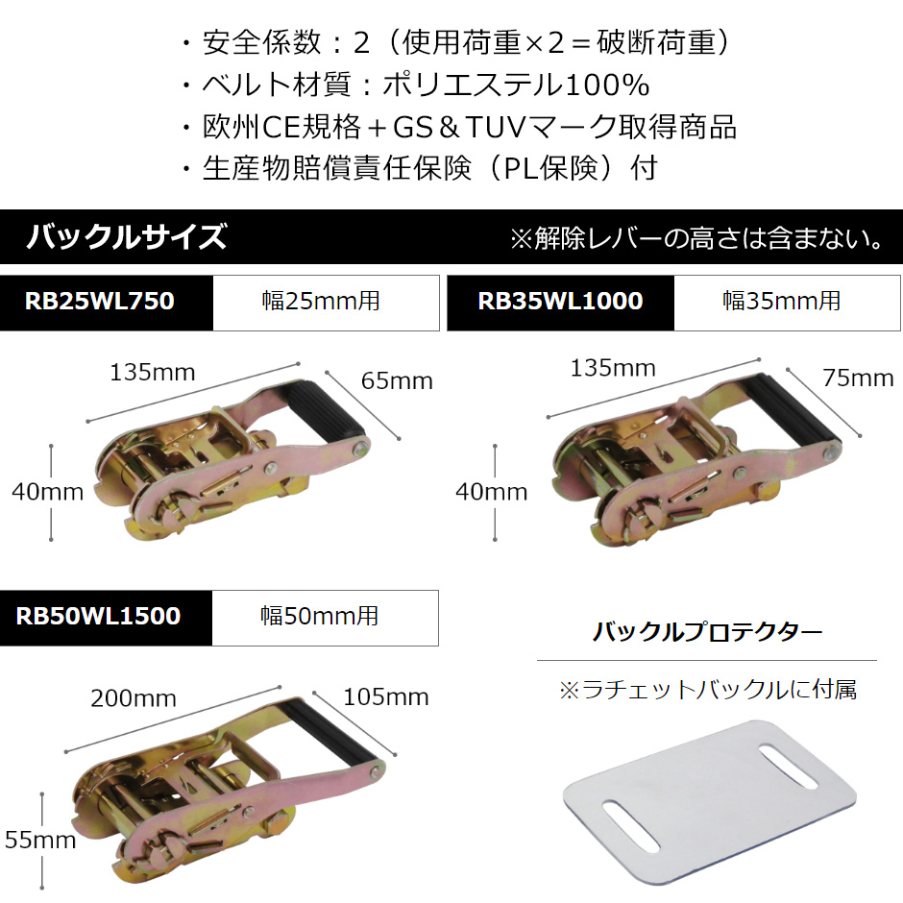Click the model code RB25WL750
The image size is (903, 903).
pyautogui.click(x=100, y=302)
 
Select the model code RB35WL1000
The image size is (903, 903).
pyautogui.click(x=560, y=302)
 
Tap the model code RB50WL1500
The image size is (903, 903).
pyautogui.click(x=99, y=616)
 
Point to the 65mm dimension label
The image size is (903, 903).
pyautogui.click(x=397, y=381)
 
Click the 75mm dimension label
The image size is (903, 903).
pyautogui.click(x=858, y=378)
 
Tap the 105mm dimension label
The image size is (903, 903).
pyautogui.click(x=386, y=697)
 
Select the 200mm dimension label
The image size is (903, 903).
pyautogui.click(x=134, y=698)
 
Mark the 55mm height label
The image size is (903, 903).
pyautogui.click(x=40, y=841)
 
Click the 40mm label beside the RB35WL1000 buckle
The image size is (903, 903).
pyautogui.click(x=491, y=493)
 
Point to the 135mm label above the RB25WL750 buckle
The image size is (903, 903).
pyautogui.click(x=153, y=373)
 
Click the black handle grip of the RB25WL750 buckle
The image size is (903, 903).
pyautogui.click(x=323, y=410)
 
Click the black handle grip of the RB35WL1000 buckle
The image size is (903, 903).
pyautogui.click(x=791, y=408)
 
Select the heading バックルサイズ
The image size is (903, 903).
pyautogui.click(x=127, y=236)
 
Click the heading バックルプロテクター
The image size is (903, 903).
pyautogui.click(x=707, y=632)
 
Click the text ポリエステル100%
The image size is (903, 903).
pyautogui.click(x=517, y=85)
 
